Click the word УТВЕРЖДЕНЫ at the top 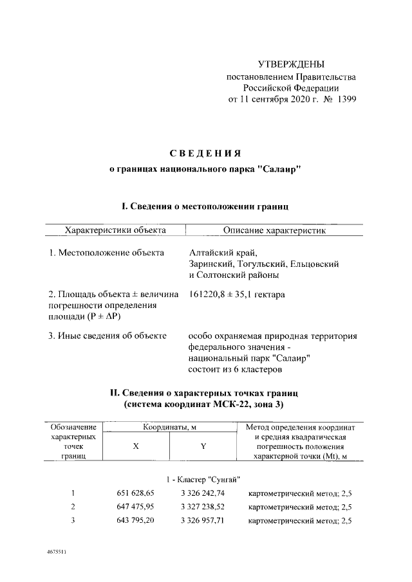tap(291, 64)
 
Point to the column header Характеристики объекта tap(115, 230)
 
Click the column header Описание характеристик tap(275, 230)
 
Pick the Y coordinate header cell tap(203, 447)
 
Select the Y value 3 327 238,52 tap(203, 507)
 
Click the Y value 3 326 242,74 tap(203, 493)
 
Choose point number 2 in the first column tap(73, 507)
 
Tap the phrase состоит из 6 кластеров tap(234, 370)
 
